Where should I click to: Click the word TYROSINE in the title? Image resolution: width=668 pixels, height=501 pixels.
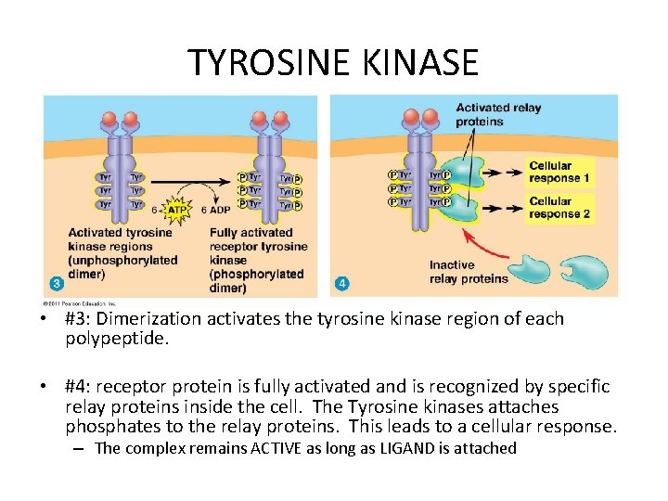click(x=268, y=62)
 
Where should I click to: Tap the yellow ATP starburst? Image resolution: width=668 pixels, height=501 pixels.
click(x=177, y=210)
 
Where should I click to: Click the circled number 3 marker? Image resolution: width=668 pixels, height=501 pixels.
click(x=58, y=283)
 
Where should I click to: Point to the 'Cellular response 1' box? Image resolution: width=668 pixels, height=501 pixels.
click(x=559, y=173)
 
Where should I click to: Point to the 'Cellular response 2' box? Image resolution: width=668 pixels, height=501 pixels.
click(x=559, y=208)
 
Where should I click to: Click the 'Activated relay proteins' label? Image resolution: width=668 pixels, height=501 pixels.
click(x=498, y=114)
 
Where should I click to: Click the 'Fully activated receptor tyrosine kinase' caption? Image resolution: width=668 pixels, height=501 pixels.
click(x=257, y=260)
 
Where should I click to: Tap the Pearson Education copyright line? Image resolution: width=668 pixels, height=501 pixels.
click(x=79, y=302)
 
